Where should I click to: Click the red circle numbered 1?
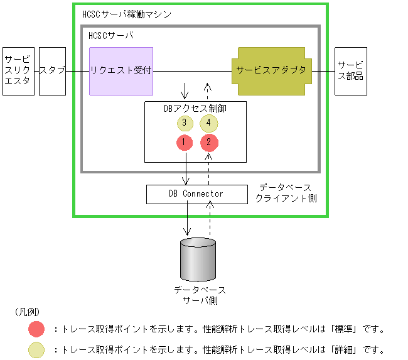click(x=184, y=143)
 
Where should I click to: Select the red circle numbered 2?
click(x=209, y=143)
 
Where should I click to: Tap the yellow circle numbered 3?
click(x=184, y=123)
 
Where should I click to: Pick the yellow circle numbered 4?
click(x=209, y=123)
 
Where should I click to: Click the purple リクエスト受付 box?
click(x=122, y=70)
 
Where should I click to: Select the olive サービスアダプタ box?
click(x=271, y=70)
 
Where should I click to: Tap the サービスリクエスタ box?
click(x=18, y=70)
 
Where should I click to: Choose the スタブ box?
click(x=52, y=70)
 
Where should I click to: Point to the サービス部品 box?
click(x=350, y=70)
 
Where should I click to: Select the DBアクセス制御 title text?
click(x=195, y=108)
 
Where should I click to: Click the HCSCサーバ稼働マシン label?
click(x=126, y=13)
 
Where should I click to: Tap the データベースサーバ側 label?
click(x=200, y=295)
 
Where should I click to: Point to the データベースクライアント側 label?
click(x=286, y=193)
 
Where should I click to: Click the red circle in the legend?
click(x=36, y=329)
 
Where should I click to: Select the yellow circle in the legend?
click(x=36, y=349)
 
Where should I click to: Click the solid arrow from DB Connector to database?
click(x=187, y=220)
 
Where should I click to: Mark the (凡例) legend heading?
click(x=27, y=312)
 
